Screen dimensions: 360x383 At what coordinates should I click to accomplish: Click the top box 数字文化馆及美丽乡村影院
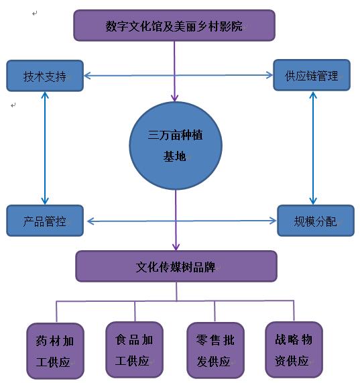[x=174, y=25]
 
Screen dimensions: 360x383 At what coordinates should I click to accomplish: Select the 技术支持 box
[x=45, y=76]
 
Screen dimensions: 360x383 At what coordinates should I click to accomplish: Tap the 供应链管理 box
[x=312, y=75]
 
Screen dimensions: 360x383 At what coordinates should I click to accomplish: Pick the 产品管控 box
[x=45, y=221]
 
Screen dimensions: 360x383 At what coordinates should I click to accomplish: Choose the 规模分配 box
[x=316, y=221]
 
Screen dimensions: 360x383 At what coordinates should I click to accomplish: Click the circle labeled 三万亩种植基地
[x=176, y=146]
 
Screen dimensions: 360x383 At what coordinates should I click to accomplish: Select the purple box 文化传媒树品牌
[x=176, y=266]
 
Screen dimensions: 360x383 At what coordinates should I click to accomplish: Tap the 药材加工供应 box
[x=56, y=351]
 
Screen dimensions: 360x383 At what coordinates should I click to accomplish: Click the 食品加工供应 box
[x=135, y=349]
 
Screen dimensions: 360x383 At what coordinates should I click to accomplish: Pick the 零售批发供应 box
[x=215, y=350]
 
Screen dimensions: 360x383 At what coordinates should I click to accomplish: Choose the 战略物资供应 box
[x=294, y=349]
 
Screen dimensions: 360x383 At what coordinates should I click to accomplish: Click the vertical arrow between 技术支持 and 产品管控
[x=45, y=148]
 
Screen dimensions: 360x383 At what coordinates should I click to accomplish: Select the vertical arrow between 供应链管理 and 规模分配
[x=313, y=148]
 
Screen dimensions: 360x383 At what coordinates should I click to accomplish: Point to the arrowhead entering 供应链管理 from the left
[x=269, y=75]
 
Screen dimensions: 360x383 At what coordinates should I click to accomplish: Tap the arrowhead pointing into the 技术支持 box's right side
[x=87, y=76]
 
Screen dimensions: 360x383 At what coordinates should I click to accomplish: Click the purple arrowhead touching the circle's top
[x=174, y=98]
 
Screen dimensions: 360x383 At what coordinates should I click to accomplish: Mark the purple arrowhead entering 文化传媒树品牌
[x=176, y=247]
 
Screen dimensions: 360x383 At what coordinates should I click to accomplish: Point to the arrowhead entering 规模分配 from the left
[x=273, y=221]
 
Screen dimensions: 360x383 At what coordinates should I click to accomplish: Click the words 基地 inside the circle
[x=174, y=156]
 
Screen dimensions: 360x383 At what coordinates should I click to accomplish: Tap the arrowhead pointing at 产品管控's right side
[x=91, y=221]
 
